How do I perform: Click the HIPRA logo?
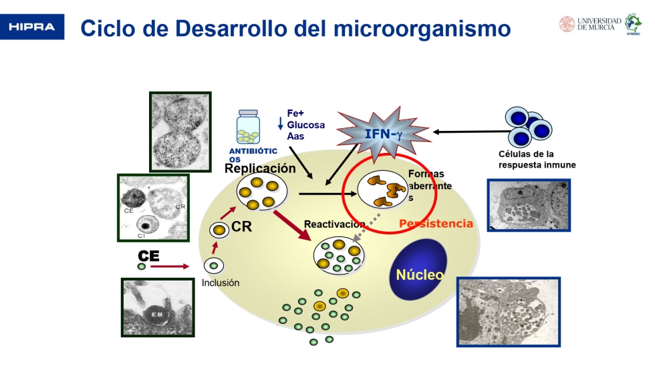point(32,27)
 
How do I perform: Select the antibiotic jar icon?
point(249,128)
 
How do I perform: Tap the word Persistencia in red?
point(436,224)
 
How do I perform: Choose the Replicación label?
point(260,168)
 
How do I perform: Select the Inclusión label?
point(221,283)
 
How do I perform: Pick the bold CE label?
point(148,256)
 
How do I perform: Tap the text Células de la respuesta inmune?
point(532,159)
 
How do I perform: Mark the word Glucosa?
point(305,125)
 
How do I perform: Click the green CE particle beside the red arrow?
point(142,266)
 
